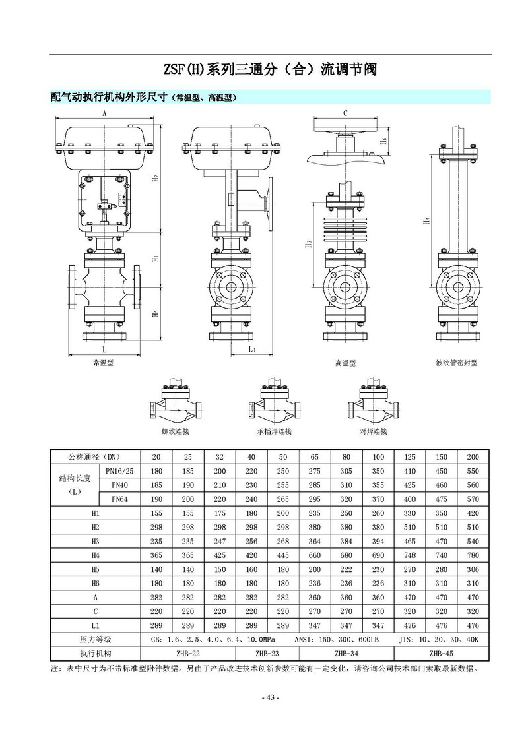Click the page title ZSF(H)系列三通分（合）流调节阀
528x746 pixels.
pos(269,69)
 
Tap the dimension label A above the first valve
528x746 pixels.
pos(104,113)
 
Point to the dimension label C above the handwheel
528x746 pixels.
pos(345,113)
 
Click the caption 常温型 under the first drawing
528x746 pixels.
pos(105,363)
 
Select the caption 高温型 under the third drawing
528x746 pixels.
pos(345,363)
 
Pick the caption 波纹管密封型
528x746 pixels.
pos(456,363)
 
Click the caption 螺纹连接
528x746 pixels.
pos(176,431)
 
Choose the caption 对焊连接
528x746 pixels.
pos(373,431)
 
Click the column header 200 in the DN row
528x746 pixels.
pos(473,457)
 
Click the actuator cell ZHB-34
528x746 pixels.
pos(346,654)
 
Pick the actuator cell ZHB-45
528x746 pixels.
pos(441,654)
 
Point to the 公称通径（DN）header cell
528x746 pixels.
pos(95,457)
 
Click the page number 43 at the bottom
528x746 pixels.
pos(271,698)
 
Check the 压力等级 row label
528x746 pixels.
pos(95,640)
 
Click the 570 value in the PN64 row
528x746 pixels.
pos(473,499)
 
